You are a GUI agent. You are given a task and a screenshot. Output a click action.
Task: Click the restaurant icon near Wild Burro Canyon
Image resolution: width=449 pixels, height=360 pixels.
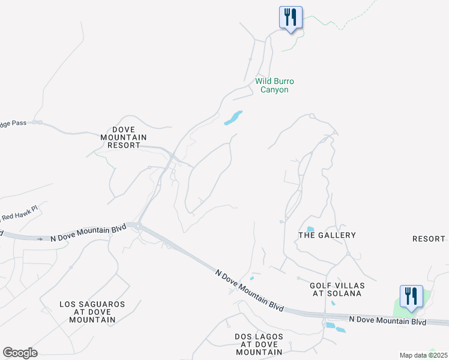pos(291,17)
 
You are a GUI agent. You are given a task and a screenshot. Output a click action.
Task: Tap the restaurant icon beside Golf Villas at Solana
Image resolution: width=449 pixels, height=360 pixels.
pos(411,296)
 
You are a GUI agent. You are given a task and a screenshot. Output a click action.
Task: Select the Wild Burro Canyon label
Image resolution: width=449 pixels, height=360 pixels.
pos(275,85)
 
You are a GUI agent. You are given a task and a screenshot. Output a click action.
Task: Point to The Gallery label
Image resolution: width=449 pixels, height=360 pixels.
pos(327,235)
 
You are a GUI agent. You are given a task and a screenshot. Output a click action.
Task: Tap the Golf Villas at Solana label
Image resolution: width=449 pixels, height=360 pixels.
pos(336,289)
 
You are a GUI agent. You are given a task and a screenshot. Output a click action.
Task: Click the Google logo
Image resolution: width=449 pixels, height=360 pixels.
pos(20,353)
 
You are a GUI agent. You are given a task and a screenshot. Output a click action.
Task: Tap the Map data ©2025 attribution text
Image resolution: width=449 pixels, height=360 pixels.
pos(423,355)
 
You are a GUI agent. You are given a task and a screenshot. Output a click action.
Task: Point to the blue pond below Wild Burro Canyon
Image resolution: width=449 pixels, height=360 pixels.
pos(233,118)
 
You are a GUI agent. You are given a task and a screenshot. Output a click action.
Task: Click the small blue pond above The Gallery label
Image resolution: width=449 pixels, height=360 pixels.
pos(310,229)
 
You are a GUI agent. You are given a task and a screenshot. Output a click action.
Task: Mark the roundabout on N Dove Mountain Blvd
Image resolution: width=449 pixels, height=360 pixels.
pos(138,226)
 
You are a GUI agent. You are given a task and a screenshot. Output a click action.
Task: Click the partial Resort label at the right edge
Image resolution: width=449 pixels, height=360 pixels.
pos(429,239)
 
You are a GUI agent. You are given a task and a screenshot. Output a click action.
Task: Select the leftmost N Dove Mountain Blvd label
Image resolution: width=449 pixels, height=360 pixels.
pos(88,232)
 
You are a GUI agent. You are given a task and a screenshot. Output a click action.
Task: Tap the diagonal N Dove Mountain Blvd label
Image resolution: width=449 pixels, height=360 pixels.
pos(249,289)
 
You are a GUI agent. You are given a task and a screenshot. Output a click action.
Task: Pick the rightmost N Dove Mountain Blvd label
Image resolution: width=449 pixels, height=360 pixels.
pos(387,321)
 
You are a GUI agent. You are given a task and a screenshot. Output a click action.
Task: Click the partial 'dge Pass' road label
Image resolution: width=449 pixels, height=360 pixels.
pos(13,123)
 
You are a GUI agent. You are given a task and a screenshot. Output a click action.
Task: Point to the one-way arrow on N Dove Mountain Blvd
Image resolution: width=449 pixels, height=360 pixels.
pos(41,238)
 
